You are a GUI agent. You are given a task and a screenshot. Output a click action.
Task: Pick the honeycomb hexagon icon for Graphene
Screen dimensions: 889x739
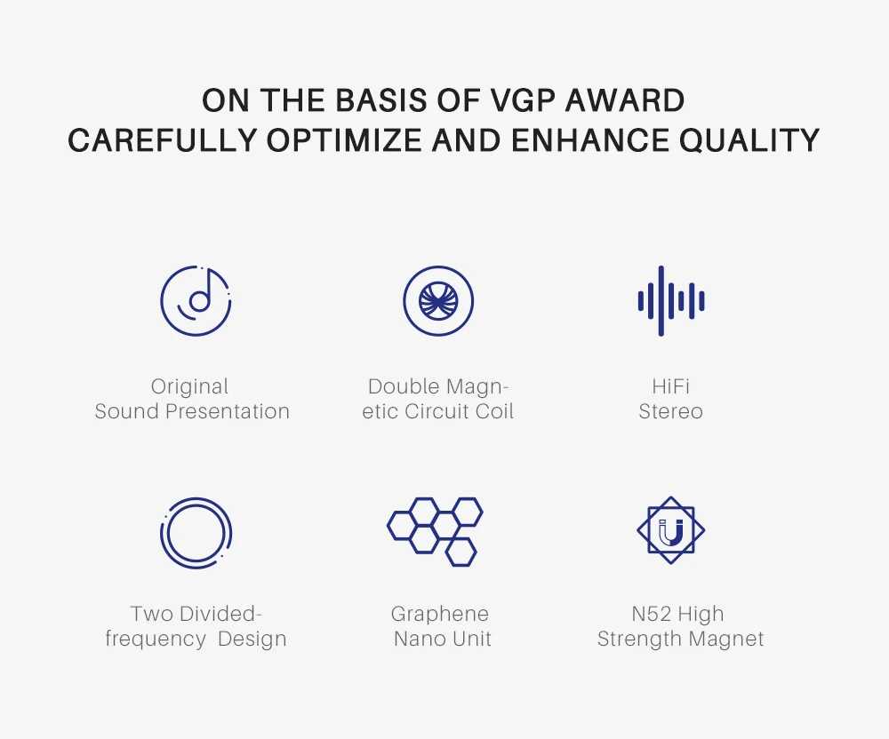click(x=435, y=532)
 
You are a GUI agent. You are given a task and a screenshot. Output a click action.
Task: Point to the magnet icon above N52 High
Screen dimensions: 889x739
click(x=670, y=530)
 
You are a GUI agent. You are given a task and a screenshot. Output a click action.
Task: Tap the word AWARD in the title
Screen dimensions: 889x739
click(x=625, y=100)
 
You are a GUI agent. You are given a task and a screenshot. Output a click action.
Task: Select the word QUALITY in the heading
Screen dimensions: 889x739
click(x=749, y=139)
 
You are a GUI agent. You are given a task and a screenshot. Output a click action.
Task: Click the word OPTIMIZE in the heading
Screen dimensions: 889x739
click(x=344, y=139)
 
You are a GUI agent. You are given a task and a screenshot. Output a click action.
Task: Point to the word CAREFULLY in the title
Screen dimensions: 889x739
click(x=163, y=139)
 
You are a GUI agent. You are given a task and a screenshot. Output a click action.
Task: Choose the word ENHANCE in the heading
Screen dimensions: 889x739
click(x=589, y=139)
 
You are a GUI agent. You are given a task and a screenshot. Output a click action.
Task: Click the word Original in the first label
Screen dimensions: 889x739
click(x=190, y=387)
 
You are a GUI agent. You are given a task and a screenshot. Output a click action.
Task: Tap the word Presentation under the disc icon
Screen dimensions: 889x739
click(x=228, y=411)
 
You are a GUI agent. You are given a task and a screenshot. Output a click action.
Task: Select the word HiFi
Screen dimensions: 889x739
click(x=670, y=386)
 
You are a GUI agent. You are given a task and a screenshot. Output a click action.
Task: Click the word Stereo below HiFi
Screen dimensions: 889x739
click(x=670, y=411)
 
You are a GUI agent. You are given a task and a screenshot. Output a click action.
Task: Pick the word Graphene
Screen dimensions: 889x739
click(x=440, y=615)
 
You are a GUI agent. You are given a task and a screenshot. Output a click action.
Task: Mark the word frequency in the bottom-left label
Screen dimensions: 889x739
click(x=156, y=640)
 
